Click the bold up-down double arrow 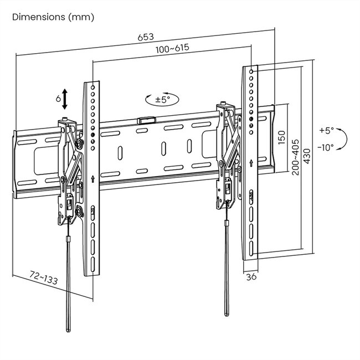(x=65, y=99)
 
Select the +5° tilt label (x=327, y=131)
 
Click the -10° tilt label (x=327, y=147)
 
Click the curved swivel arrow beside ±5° (x=148, y=100)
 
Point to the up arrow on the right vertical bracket (x=251, y=163)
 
